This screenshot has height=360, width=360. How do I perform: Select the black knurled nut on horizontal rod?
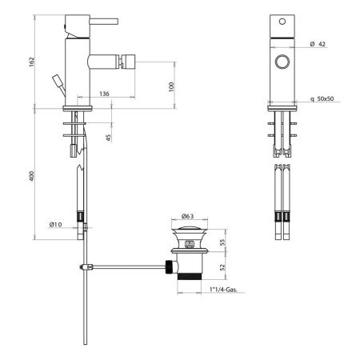click(170, 266)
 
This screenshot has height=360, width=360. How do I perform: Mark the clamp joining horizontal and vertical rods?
click(82, 266)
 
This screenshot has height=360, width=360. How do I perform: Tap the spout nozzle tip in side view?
click(126, 59)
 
